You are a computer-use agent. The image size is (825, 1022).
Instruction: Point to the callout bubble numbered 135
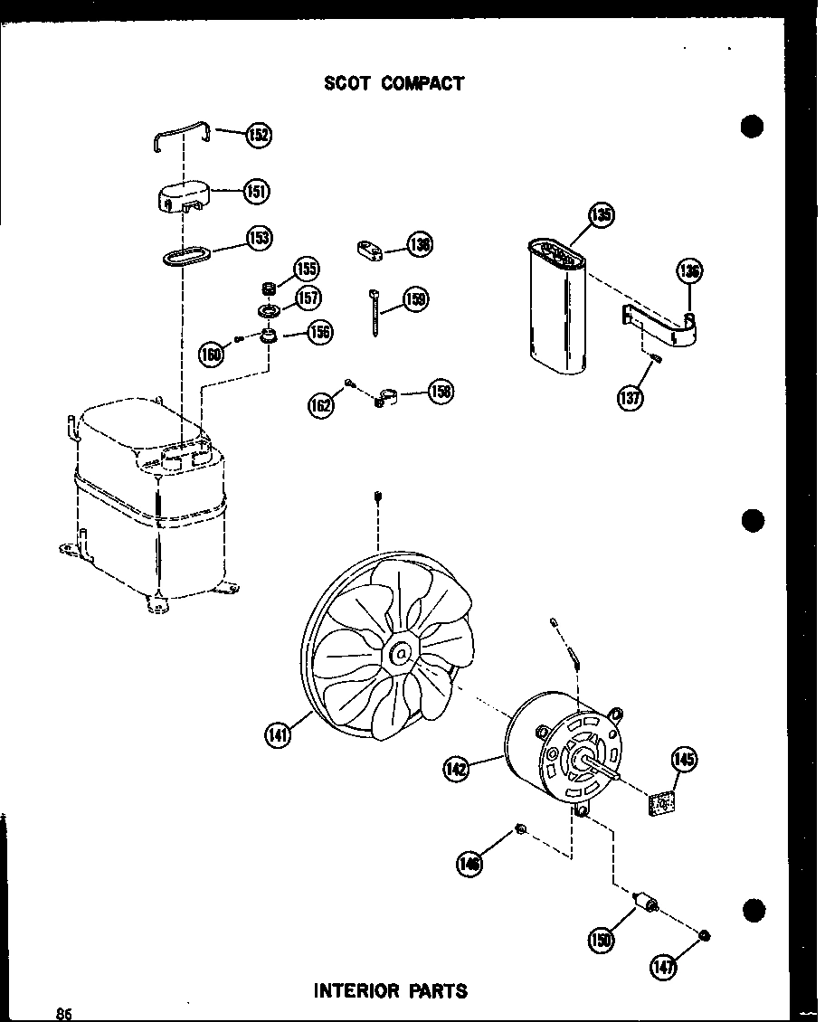coord(601,215)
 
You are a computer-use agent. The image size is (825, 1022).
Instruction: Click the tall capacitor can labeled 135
coord(555,308)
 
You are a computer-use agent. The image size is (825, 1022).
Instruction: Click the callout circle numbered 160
coord(211,354)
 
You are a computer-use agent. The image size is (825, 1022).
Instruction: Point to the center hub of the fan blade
coord(399,652)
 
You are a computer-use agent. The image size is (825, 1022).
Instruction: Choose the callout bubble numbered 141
coord(278,736)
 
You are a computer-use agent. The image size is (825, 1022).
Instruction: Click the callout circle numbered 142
coord(457,769)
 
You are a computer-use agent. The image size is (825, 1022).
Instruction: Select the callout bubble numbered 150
coord(600,941)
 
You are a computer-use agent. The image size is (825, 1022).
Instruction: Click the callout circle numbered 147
coord(662,967)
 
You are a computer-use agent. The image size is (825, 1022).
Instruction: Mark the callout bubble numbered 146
coord(469,864)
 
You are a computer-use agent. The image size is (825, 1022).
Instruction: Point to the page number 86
coord(63,1014)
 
